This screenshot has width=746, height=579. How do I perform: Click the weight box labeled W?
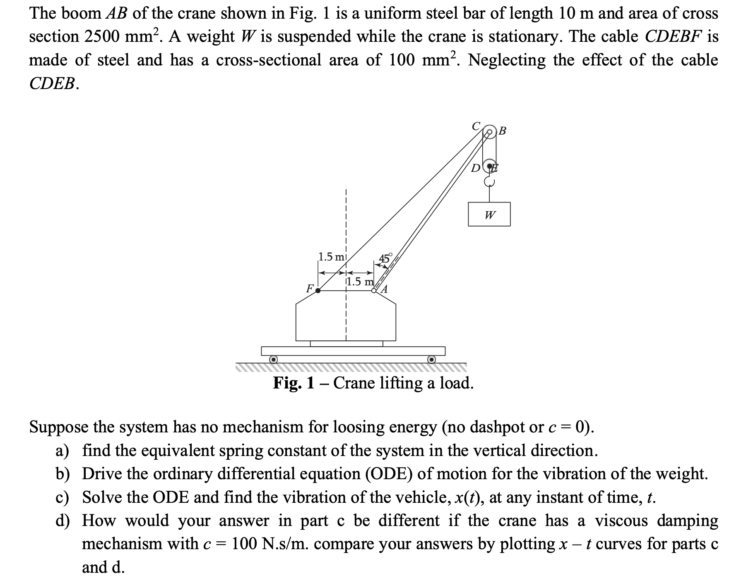point(489,214)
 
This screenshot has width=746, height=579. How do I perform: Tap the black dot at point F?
point(318,290)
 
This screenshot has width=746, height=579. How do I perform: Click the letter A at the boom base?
point(385,289)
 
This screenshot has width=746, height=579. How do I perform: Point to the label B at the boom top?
point(502,131)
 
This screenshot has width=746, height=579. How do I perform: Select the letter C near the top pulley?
point(476,125)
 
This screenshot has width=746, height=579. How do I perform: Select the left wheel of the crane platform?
point(273,359)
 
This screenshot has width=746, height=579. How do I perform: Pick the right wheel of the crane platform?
point(431,359)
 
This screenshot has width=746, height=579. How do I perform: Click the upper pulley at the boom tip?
point(489,131)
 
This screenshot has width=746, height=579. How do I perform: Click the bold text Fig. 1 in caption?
point(294,383)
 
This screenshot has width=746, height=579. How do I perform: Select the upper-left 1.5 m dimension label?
point(331,257)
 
